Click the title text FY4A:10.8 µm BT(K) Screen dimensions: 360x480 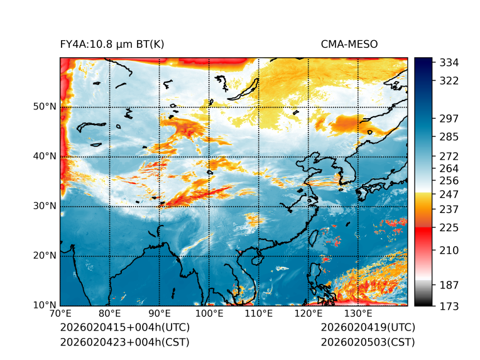pos(112,44)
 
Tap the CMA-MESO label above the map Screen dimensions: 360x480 pos(349,44)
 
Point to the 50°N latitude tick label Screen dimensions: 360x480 pos(45,107)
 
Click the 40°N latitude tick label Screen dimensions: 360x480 pos(45,156)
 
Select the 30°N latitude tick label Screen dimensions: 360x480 pos(45,206)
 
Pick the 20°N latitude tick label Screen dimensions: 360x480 pos(45,256)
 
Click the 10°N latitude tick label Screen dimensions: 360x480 pos(45,305)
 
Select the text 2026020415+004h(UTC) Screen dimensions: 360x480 pos(124,328)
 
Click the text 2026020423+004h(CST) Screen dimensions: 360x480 pos(124,342)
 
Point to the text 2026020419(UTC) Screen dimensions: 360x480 pos(368,328)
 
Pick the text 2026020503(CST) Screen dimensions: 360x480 pos(368,342)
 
